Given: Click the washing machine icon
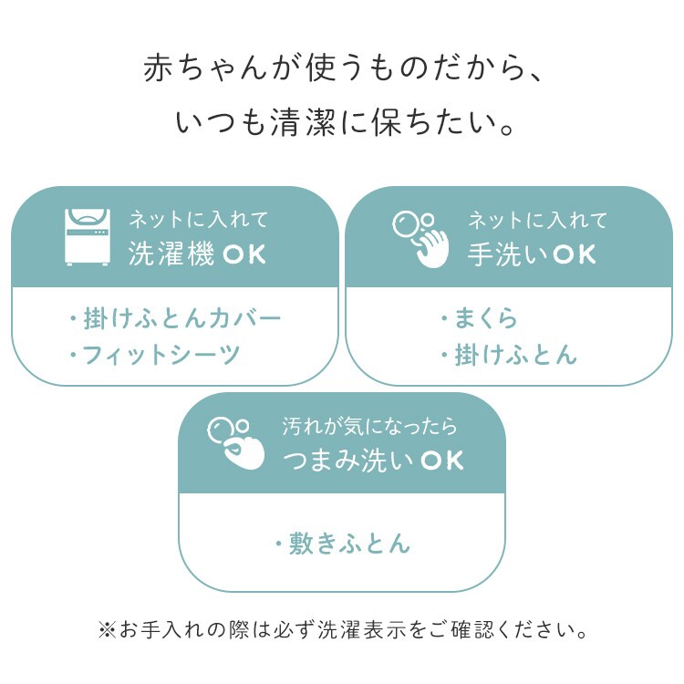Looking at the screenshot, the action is pyautogui.click(x=88, y=237).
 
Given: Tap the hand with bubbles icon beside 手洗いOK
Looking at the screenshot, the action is pyautogui.click(x=420, y=239).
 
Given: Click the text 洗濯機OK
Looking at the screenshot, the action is pyautogui.click(x=197, y=254).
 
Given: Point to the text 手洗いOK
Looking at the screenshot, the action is pyautogui.click(x=532, y=254).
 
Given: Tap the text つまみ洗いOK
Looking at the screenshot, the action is pyautogui.click(x=373, y=461).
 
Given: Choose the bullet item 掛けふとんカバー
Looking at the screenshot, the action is pyautogui.click(x=175, y=318).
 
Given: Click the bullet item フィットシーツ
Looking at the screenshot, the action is pyautogui.click(x=155, y=354).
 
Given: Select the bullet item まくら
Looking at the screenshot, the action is pyautogui.click(x=480, y=317).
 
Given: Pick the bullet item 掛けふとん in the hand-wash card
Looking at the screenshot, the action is pyautogui.click(x=509, y=354).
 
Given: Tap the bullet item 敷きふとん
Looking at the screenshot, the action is pyautogui.click(x=343, y=544).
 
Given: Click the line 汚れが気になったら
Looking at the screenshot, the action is pyautogui.click(x=369, y=426).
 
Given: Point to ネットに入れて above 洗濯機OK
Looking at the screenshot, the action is pyautogui.click(x=199, y=220).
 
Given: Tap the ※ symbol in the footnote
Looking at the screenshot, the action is pyautogui.click(x=108, y=630).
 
